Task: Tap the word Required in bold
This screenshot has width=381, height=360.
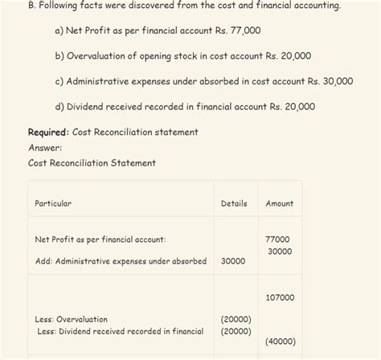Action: [x=48, y=132]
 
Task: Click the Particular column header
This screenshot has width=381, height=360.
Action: [x=53, y=203]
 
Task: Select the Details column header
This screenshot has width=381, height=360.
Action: [x=234, y=203]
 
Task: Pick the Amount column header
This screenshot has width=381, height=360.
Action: [x=280, y=203]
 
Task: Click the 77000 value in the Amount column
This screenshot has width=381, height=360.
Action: [x=277, y=239]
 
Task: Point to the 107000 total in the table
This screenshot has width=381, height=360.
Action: [x=279, y=297]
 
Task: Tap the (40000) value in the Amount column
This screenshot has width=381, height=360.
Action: [x=280, y=341]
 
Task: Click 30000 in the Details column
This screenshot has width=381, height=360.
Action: [x=233, y=261]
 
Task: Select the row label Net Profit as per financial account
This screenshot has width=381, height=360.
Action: [x=100, y=239]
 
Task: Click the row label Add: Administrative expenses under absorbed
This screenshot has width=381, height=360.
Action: [x=121, y=261]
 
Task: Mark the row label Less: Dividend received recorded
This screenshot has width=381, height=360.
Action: [x=120, y=331]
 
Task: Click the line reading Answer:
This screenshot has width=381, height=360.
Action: [x=45, y=147]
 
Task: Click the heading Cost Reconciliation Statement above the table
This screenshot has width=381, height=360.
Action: [x=92, y=162]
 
